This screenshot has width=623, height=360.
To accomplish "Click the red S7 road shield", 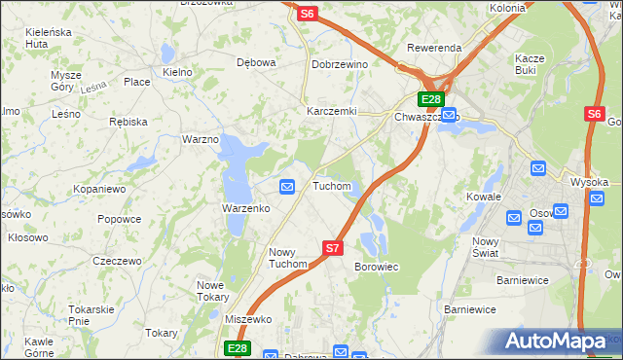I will click(333, 248).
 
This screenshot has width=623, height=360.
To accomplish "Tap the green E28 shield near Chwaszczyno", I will click(432, 99).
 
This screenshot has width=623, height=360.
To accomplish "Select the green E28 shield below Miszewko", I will click(238, 348).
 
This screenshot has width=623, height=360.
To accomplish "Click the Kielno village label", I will click(178, 72).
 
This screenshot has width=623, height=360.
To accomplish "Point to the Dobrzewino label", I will click(339, 64).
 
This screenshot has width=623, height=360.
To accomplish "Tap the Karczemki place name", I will click(331, 111).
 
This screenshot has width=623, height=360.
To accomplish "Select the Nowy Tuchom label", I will click(288, 258).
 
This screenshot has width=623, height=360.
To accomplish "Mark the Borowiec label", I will click(377, 266).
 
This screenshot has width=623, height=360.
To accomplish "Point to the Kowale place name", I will click(483, 197).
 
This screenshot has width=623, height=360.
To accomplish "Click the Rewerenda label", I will click(435, 48).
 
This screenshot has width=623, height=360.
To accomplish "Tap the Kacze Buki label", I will click(530, 64).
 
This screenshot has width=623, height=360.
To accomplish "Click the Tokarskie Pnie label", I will click(92, 314).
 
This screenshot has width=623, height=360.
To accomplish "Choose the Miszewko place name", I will click(247, 319).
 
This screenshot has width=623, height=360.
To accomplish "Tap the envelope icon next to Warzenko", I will click(287, 186).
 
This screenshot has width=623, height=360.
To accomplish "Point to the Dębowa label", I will click(257, 62).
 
